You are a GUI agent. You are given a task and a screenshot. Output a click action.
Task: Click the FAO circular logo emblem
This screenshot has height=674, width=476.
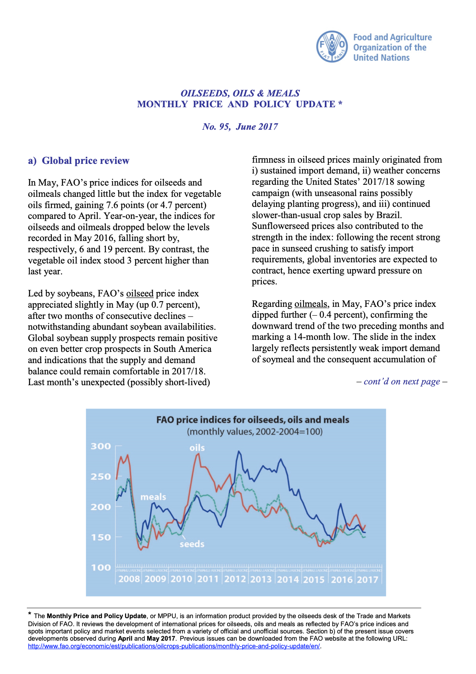click(x=332, y=47)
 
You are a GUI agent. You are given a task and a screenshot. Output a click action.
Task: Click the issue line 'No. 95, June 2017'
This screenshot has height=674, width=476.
click(x=240, y=127)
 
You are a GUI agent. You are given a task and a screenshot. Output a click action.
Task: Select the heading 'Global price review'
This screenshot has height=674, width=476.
click(x=85, y=161)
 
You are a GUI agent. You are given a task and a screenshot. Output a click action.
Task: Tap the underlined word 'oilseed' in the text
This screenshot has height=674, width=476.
click(x=140, y=294)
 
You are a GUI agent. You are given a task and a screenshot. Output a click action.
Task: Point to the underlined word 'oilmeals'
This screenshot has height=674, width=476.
click(x=310, y=304)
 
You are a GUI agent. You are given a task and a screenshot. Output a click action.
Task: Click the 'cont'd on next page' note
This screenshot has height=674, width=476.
click(x=402, y=382)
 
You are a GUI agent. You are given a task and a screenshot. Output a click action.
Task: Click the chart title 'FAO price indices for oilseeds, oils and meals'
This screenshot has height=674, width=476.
click(x=252, y=420)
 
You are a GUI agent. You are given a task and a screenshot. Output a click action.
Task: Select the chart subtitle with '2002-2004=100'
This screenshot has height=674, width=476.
click(x=254, y=432)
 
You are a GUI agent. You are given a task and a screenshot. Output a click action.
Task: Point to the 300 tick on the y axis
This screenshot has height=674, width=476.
click(x=101, y=446)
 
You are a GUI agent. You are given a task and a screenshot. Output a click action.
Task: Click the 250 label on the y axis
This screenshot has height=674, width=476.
click(x=101, y=477)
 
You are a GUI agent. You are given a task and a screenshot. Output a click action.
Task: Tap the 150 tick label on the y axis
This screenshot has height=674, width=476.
click(x=101, y=537)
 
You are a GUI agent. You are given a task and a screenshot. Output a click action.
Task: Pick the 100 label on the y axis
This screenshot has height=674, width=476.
click(x=101, y=568)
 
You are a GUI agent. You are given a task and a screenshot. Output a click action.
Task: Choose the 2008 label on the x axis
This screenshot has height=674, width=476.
click(x=129, y=579)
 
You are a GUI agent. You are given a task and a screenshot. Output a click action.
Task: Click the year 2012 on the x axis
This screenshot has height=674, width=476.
click(x=235, y=579)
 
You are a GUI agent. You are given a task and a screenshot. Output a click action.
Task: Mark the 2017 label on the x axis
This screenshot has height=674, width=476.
click(x=367, y=580)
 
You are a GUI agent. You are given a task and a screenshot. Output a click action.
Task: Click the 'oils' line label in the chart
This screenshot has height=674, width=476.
click(x=197, y=448)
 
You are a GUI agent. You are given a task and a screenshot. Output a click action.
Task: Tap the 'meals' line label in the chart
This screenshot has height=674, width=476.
click(x=153, y=497)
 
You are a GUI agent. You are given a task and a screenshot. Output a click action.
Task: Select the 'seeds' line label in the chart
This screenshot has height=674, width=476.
click(x=192, y=544)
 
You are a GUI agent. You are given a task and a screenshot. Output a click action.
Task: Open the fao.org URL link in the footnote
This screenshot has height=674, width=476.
click(x=174, y=646)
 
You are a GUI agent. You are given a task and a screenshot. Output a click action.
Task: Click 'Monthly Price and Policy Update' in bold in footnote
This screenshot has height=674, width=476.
click(x=96, y=616)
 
